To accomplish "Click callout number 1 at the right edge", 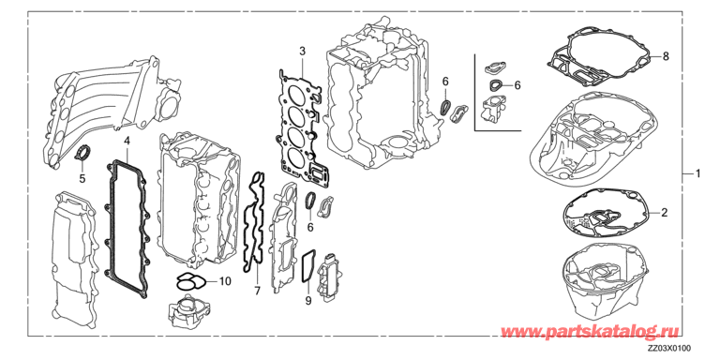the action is click(697, 173).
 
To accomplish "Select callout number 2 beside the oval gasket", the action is click(665, 213).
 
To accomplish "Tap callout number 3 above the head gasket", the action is click(302, 51).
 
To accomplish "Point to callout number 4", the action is click(127, 140).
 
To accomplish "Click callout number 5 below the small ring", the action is click(82, 179).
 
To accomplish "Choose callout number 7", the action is click(257, 291).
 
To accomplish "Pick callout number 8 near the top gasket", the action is click(666, 56).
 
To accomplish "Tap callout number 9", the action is click(308, 301).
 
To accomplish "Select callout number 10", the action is click(225, 281).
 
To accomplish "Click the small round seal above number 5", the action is click(82, 153).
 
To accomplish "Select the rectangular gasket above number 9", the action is click(308, 267).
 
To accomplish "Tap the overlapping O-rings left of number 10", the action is click(189, 281).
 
